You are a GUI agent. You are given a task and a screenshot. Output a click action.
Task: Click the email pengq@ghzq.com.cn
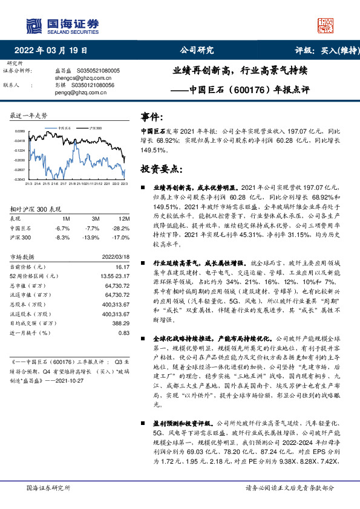(x=79, y=92)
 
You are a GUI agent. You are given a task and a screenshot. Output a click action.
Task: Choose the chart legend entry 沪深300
(x=94, y=129)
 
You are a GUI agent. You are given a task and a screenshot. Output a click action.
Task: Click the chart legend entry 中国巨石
(x=65, y=129)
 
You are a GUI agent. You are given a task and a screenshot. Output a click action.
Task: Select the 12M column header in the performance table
(x=124, y=218)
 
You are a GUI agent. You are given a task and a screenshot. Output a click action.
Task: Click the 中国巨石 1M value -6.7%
(x=62, y=228)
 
